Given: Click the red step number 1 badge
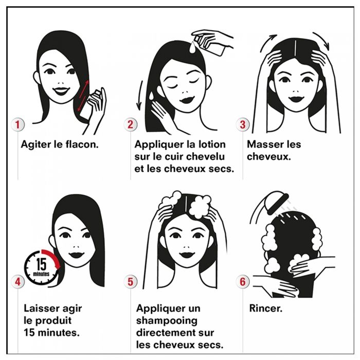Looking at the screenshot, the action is click(x=17, y=124).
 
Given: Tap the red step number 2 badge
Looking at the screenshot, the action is click(x=131, y=124).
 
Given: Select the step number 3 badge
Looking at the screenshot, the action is click(x=243, y=124).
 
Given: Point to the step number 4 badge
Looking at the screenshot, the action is click(x=17, y=281).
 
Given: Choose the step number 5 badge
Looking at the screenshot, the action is click(x=131, y=281).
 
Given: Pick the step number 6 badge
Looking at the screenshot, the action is click(x=243, y=281).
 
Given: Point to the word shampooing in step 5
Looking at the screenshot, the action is click(x=167, y=321).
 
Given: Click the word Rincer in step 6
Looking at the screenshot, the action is click(x=266, y=309).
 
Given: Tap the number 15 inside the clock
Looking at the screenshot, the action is click(x=41, y=264).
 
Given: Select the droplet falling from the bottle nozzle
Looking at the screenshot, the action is click(x=192, y=47).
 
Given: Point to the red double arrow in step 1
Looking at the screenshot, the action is click(x=83, y=96).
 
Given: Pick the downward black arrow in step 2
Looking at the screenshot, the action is click(x=140, y=95).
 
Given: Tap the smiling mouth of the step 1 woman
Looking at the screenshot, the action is click(x=61, y=91).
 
